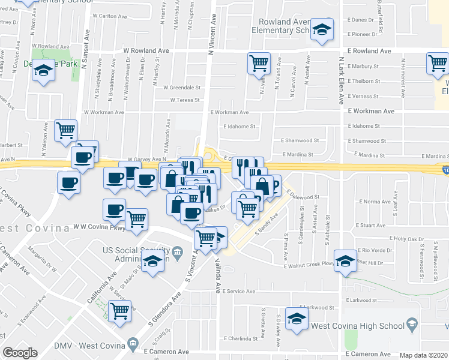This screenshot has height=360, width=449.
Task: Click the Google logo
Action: click(20, 353)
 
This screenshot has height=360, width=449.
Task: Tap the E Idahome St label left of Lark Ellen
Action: click(240, 127)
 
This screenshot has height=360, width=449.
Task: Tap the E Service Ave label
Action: click(238, 291)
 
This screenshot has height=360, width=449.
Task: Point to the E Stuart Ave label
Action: click(370, 226)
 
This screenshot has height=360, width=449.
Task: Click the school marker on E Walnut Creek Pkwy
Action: click(345, 260)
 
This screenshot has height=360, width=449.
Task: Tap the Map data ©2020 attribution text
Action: click(424, 355)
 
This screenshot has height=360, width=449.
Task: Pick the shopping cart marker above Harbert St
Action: click(65, 129)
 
